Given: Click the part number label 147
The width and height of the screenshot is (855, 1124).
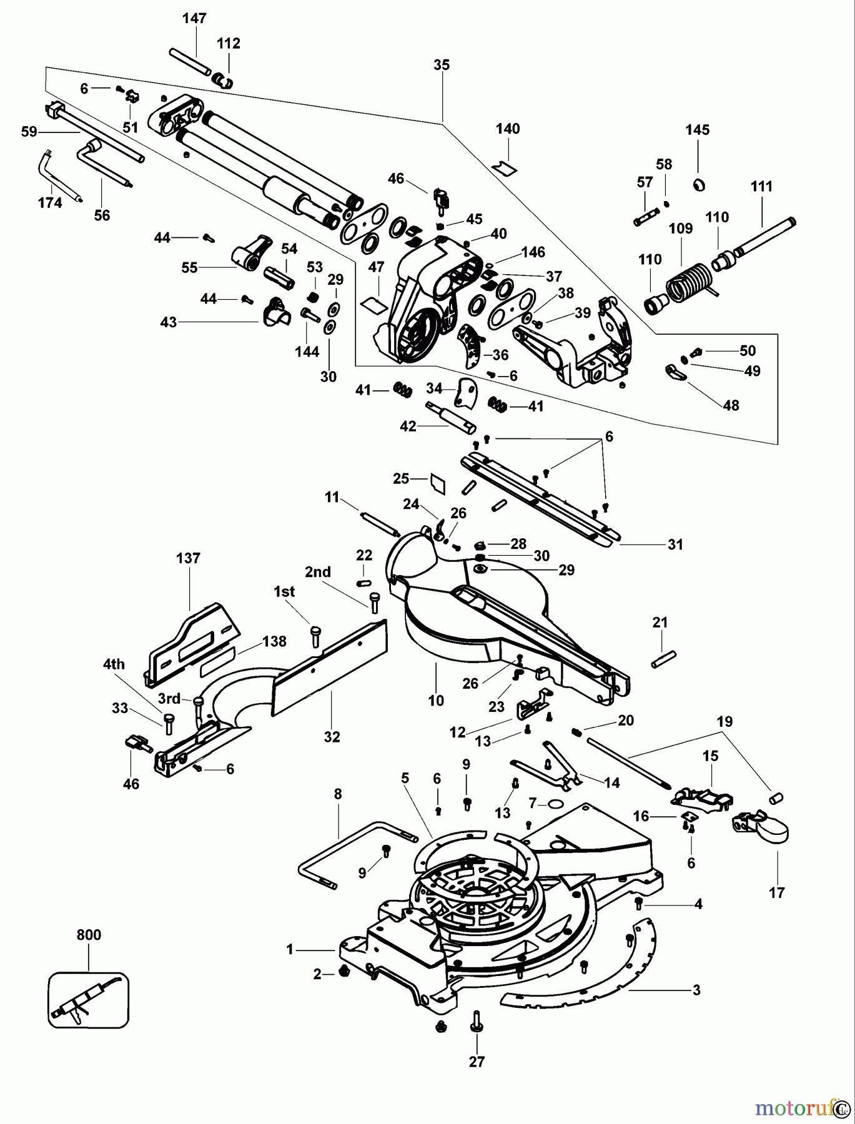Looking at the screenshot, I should coord(194,18).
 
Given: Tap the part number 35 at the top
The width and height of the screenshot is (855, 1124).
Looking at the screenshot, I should coord(441,65).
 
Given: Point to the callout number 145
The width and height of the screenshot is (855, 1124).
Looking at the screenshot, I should coord(697,130).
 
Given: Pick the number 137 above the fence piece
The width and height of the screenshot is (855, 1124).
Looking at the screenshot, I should coord(188,558).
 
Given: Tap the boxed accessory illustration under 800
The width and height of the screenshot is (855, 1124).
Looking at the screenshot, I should coord(88,999).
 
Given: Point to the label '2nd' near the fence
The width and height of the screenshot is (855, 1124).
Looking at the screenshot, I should coord(318,572).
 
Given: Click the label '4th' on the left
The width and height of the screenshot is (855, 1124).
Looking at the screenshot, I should coord(114,664).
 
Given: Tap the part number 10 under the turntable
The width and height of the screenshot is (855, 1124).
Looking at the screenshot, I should coord(435,700).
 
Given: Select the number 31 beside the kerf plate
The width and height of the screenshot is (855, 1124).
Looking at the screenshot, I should coord(675,545).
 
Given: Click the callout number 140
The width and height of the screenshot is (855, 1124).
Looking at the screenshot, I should coord(507,129).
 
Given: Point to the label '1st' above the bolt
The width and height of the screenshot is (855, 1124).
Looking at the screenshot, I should coord(284,591).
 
